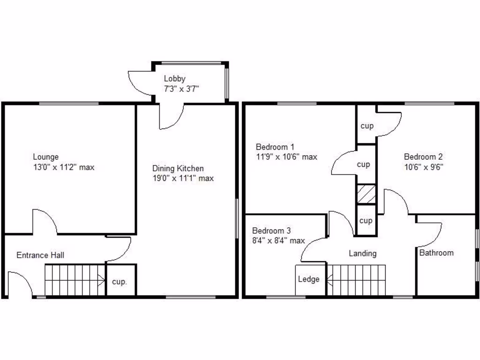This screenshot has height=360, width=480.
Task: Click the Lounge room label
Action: click(45, 157)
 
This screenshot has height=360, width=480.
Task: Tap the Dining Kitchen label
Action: click(178, 168)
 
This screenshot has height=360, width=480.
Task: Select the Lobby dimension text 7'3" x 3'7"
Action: click(181, 89)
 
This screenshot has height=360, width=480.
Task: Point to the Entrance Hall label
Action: click(40, 255)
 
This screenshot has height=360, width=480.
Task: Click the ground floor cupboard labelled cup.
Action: click(120, 282)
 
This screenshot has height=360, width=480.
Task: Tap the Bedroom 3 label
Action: click(271, 231)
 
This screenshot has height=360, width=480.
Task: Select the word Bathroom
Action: click(436, 253)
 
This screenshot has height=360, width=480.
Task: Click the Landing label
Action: click(362, 254)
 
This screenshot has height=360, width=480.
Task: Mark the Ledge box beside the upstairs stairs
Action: click(309, 280)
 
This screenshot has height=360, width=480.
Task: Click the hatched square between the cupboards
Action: click(366, 194)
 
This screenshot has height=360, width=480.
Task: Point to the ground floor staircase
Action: click(75, 280)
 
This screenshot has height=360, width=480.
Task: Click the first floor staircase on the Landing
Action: click(356, 280)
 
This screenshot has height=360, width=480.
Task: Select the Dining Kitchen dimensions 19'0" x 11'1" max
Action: click(183, 178)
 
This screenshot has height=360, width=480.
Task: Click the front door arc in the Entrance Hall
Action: click(22, 284)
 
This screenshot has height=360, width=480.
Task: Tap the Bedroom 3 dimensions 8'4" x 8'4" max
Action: click(278, 241)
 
